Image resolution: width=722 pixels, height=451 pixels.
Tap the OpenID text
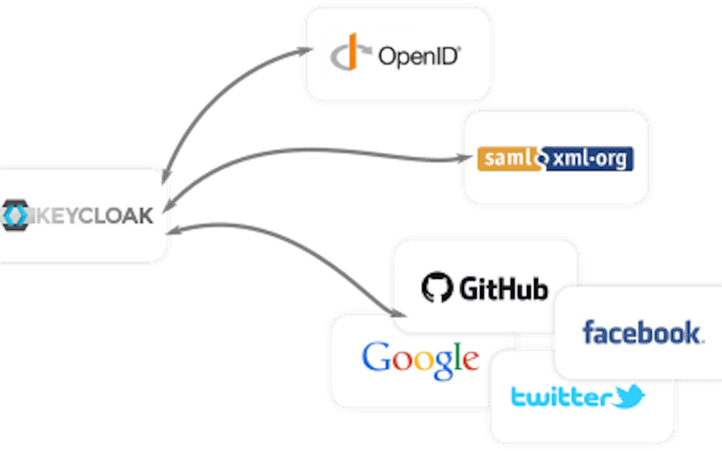click(x=420, y=56)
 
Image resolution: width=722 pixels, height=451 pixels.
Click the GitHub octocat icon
click(x=436, y=288)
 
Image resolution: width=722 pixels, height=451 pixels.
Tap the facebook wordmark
click(x=642, y=332)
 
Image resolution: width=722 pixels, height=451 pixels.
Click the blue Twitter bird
click(x=628, y=395)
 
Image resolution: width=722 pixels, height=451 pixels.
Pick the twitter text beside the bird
click(x=560, y=397)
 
